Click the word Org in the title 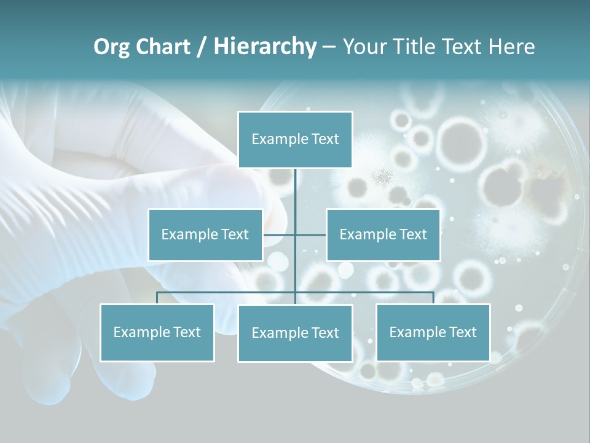tap(111, 47)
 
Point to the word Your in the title tap(366, 47)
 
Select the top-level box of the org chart tap(295, 140)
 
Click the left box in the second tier tap(205, 234)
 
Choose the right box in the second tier tap(383, 234)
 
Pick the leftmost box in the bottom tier tap(157, 332)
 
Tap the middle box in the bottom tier tap(295, 333)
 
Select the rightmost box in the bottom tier tap(433, 332)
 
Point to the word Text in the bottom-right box tap(463, 332)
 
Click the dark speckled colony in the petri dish tap(385, 177)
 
